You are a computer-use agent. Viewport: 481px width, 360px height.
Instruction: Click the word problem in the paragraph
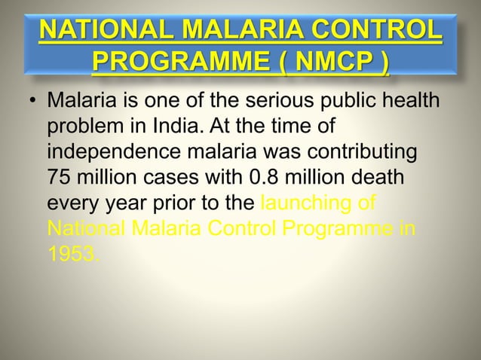point(80,127)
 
